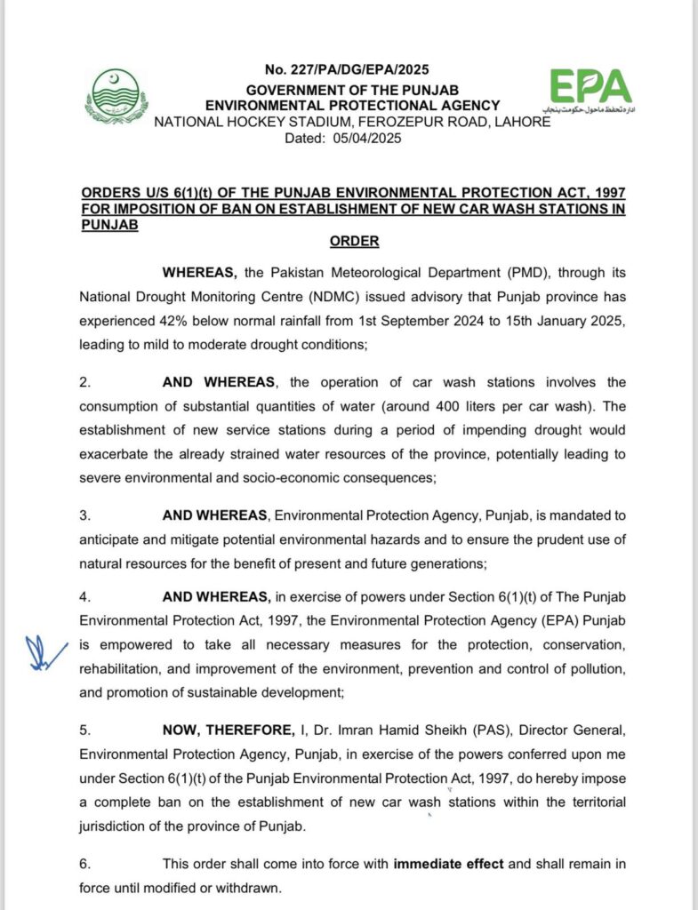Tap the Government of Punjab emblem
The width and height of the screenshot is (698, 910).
[116, 96]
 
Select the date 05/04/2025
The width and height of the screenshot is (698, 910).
[368, 138]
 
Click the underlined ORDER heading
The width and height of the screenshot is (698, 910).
[354, 241]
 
